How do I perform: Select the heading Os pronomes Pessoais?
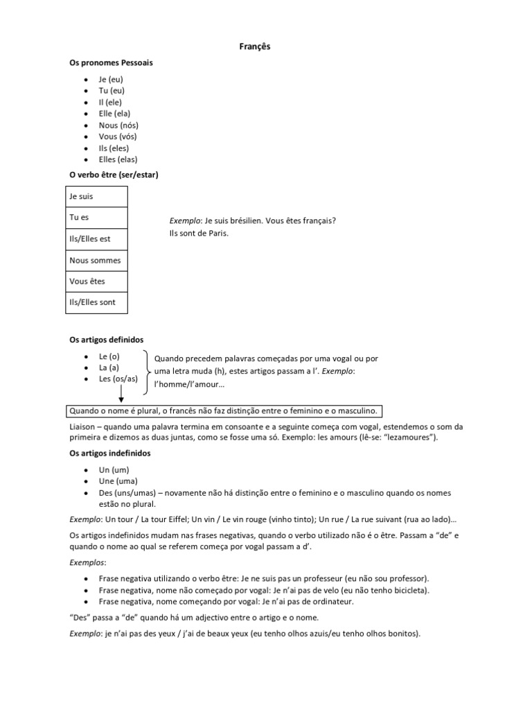coord(111,62)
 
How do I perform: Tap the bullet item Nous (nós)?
coord(118,125)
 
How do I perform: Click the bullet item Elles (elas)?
coord(118,159)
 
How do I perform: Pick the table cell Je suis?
coord(82,197)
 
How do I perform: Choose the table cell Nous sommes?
coord(95,261)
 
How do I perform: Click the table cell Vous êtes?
coord(87,282)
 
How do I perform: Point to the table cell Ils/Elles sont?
coord(93,302)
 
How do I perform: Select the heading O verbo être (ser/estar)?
coord(114,175)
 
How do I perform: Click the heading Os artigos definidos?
coord(106,340)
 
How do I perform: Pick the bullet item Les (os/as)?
coord(118,379)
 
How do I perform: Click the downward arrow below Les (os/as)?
coord(121,394)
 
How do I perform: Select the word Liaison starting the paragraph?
coord(84,426)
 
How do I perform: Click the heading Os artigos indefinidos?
coord(110,453)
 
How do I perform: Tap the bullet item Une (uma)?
coord(118,481)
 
